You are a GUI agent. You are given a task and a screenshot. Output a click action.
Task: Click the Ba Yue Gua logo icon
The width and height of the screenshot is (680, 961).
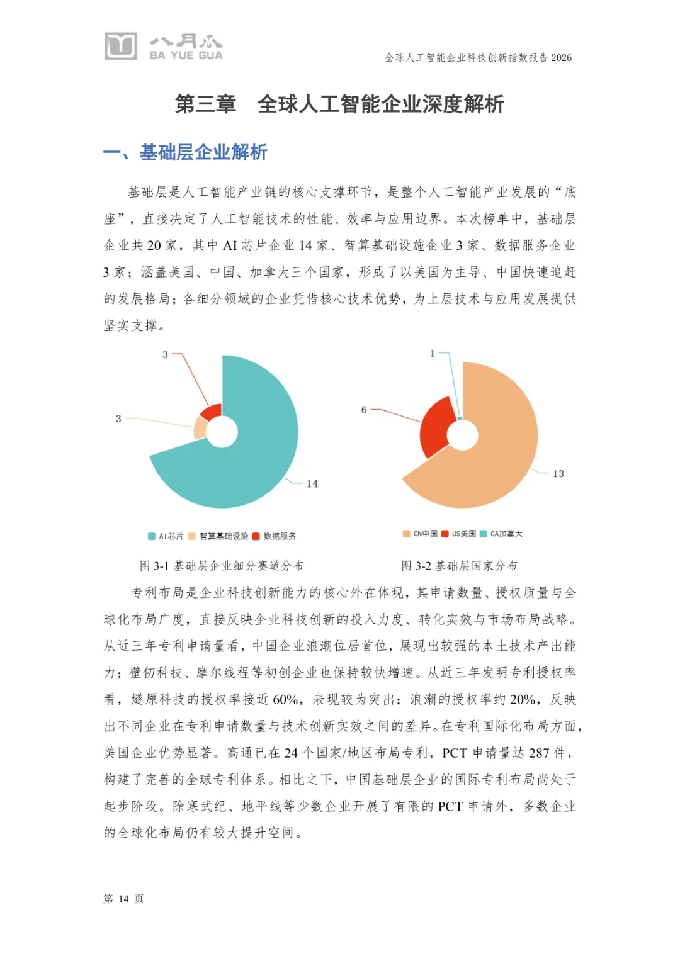[120, 46]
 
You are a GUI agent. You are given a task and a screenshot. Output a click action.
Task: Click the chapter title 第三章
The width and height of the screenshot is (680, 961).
[205, 104]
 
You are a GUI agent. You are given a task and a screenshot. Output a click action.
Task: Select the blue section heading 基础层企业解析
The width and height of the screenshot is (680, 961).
[203, 152]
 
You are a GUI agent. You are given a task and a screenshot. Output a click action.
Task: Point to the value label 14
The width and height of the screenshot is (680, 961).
[312, 484]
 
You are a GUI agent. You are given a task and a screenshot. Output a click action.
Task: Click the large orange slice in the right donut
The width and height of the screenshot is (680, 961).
[497, 453]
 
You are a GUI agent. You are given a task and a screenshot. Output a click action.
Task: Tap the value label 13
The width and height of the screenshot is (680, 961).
[558, 474]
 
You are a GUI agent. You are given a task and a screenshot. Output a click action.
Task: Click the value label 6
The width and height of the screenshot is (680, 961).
[364, 410]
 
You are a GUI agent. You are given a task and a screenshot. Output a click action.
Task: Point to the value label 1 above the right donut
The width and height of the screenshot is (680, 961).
[433, 354]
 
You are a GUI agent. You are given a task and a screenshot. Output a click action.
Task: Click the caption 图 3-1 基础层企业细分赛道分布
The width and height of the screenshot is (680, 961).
[222, 566]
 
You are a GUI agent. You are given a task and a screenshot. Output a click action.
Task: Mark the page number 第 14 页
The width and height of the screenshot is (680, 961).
[123, 899]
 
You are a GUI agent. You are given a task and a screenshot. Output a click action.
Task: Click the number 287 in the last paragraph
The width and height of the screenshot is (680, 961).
[539, 753]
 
